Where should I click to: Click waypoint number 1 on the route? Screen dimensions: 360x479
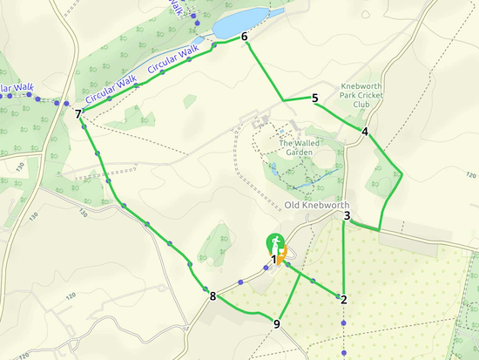[273, 259]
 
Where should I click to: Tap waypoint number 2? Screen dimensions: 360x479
[344, 300]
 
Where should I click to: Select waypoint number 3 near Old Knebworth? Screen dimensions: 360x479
[347, 216]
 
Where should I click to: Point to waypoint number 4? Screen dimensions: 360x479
[365, 132]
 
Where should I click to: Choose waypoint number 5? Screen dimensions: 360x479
[314, 98]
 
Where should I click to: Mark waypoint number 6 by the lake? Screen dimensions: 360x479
[245, 37]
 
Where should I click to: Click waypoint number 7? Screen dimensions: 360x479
[78, 113]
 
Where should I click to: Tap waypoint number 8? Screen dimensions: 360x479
[213, 296]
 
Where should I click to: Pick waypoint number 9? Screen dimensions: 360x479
[277, 324]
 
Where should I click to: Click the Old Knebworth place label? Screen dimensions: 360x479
[317, 205]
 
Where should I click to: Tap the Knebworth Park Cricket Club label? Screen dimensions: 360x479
[368, 96]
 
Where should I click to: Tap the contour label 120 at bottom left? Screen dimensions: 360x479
[24, 355]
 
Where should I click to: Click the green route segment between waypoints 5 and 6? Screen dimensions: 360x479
[264, 68]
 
